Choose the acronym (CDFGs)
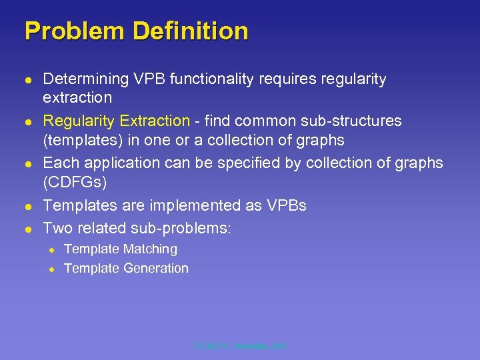(75, 182)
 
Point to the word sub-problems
(188, 228)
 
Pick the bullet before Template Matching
(50, 250)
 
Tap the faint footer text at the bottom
(240, 347)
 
